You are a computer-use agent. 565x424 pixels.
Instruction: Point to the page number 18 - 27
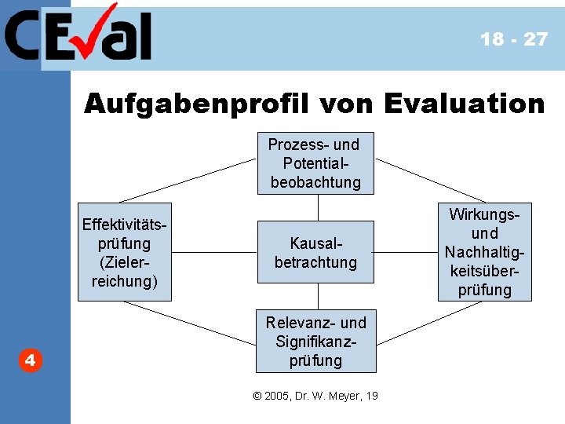(x=514, y=39)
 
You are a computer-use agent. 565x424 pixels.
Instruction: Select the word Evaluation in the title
(x=463, y=104)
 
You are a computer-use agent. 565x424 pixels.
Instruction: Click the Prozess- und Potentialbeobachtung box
(x=316, y=163)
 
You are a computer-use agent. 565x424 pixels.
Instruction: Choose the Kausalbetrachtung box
(x=316, y=253)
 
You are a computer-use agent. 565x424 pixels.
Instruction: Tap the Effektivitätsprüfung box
(x=124, y=254)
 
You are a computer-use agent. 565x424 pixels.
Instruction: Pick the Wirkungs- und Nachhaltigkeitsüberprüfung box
(x=485, y=252)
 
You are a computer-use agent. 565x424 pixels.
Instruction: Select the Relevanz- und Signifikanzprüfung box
(x=316, y=342)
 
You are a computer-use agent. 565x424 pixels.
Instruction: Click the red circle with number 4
(x=29, y=360)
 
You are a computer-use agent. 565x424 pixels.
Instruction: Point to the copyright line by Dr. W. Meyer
(x=315, y=396)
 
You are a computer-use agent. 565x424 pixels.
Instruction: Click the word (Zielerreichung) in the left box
(x=124, y=272)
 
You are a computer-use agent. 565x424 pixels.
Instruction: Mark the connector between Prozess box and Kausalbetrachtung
(x=318, y=208)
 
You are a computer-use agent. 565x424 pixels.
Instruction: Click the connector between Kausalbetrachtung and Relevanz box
(x=318, y=296)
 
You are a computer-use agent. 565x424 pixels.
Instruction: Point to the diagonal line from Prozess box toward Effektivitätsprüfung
(x=188, y=181)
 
